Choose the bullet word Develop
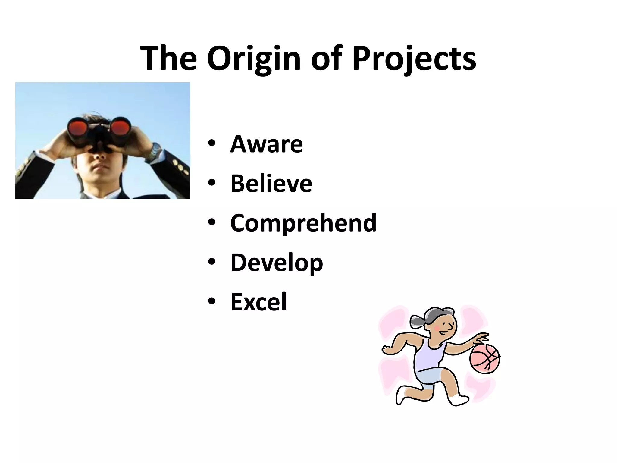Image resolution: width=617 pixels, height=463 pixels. click(x=277, y=262)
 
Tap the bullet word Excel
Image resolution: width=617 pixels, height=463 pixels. click(x=258, y=302)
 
